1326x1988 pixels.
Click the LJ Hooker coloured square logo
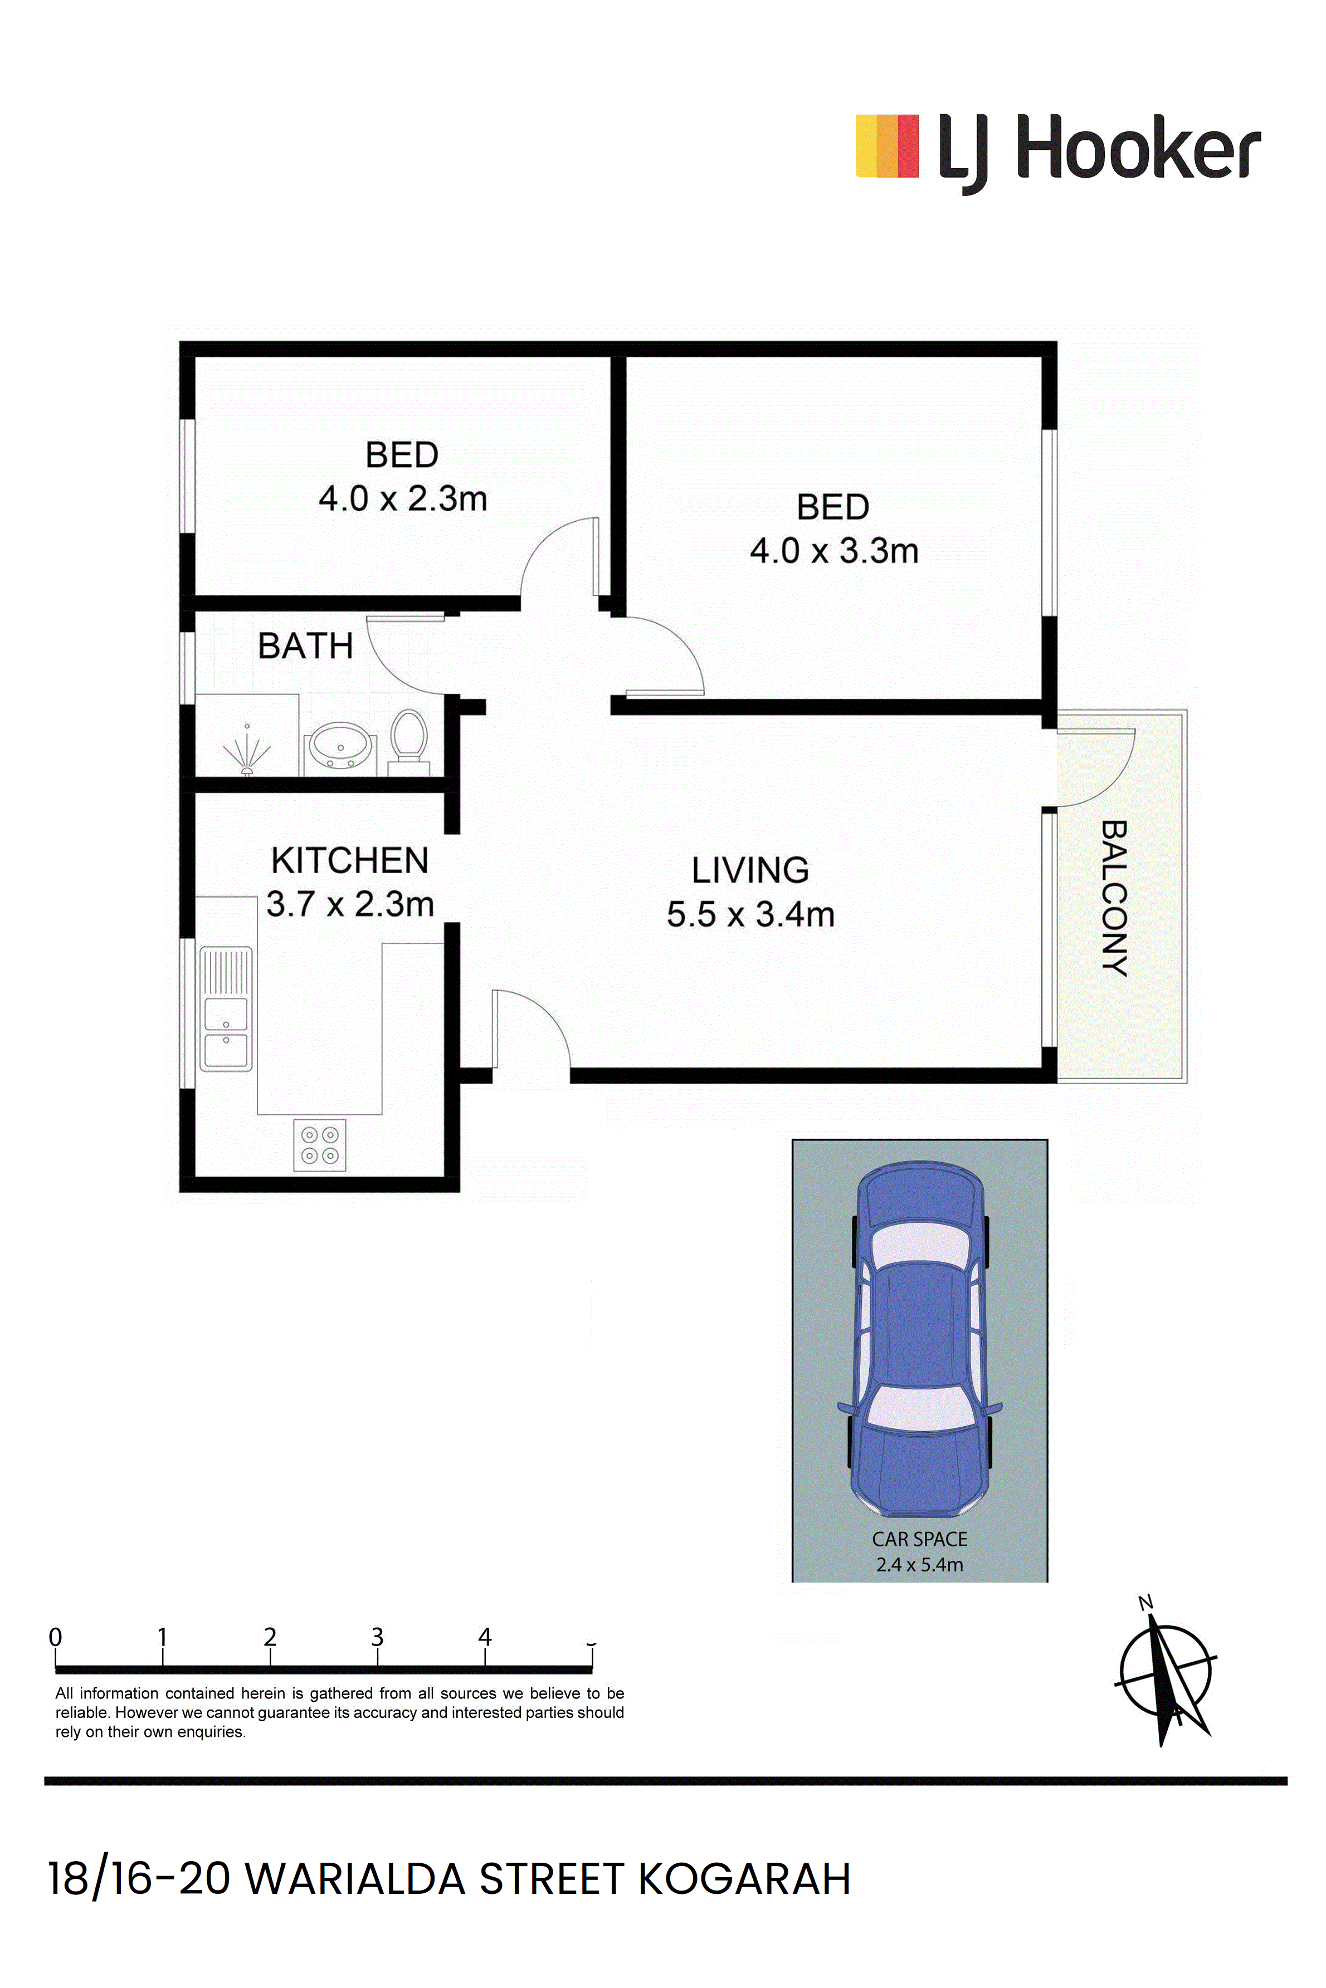click(x=887, y=146)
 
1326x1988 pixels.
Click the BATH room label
click(x=305, y=646)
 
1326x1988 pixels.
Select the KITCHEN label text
click(x=350, y=860)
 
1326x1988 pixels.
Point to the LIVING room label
click(x=750, y=870)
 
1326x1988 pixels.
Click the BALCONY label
click(x=1114, y=898)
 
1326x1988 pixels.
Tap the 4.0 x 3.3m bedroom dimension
click(x=834, y=551)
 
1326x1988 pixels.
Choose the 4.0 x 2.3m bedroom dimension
click(x=402, y=499)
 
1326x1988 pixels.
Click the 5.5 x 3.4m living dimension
click(x=750, y=914)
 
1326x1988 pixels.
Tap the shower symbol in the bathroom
click(x=247, y=749)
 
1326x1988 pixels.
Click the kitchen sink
click(x=226, y=1009)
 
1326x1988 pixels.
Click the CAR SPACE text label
click(x=920, y=1539)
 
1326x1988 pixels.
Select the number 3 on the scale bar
click(x=377, y=1637)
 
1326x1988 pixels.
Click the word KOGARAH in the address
click(x=744, y=1879)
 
